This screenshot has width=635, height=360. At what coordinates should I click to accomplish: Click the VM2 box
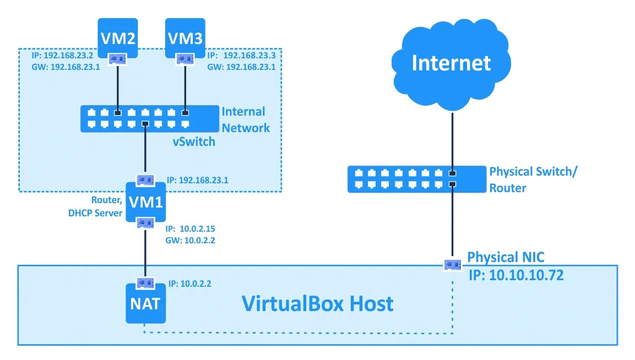[117, 37]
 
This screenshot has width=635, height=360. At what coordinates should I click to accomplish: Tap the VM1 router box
[145, 201]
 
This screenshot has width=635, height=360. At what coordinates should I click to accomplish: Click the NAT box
[145, 303]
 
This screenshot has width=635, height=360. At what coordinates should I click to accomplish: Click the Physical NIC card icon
[453, 265]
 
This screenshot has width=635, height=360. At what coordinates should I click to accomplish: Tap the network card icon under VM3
[184, 58]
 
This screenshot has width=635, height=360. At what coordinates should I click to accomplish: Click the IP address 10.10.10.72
[516, 275]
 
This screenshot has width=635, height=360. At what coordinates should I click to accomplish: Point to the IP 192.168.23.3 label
[241, 56]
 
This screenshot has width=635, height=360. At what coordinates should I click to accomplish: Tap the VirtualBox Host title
[318, 303]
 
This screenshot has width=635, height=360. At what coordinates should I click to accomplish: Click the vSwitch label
[193, 141]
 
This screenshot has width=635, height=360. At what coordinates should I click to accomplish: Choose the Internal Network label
[245, 120]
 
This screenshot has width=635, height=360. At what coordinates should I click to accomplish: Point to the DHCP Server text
[95, 212]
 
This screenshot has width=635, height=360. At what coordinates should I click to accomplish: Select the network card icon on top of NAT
[145, 283]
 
